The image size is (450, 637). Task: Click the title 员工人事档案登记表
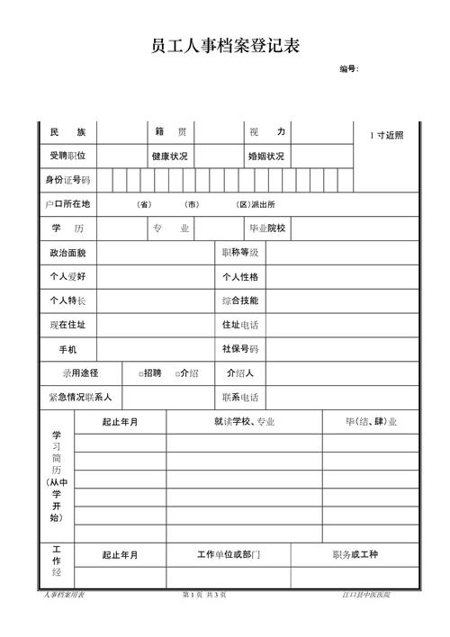[224, 47]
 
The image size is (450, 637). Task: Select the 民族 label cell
[67, 132]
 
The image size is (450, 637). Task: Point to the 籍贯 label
[170, 132]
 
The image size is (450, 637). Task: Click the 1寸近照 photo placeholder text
[386, 135]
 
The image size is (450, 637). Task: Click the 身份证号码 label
[67, 180]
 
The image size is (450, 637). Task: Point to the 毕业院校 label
[266, 229]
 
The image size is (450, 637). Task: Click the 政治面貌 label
[67, 253]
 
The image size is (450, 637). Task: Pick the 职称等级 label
[240, 253]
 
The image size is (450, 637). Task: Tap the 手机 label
[67, 349]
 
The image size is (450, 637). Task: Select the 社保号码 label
[240, 348]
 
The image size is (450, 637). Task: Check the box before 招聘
[142, 373]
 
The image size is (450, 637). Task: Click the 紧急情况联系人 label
[80, 397]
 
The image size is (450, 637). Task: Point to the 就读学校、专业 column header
[244, 421]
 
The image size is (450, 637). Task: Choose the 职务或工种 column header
[355, 555]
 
